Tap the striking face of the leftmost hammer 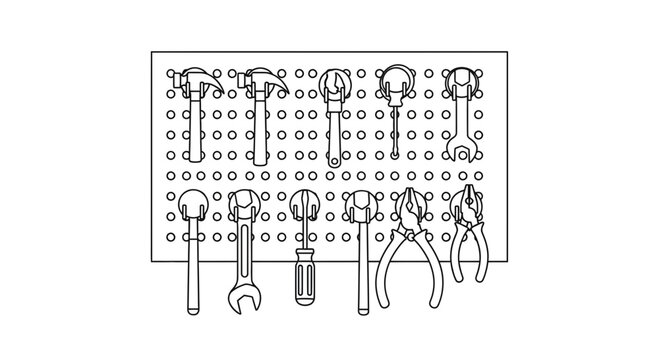(173, 77)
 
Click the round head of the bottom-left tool (193, 206)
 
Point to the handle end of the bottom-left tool (193, 296)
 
